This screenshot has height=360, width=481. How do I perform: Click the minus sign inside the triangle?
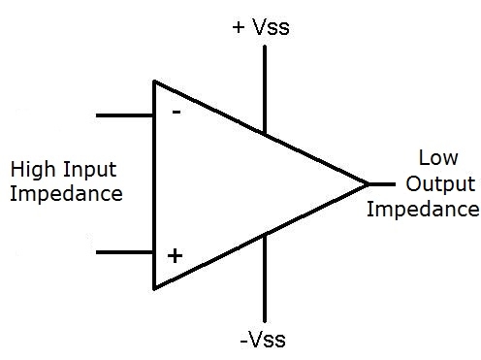[176, 111]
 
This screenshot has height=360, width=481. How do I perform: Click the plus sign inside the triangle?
[175, 256]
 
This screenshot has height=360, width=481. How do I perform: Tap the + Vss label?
[261, 27]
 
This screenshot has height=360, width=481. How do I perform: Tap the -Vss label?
[264, 340]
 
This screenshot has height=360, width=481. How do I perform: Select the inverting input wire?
[124, 115]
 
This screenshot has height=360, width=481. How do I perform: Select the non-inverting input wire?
[124, 252]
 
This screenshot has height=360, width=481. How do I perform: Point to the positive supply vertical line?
[264, 87]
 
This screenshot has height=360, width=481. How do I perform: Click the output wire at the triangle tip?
[382, 183]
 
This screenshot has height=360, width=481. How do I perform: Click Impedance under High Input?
[66, 193]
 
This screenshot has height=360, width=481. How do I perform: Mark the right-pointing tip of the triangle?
[369, 183]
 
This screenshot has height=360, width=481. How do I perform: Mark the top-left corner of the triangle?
[154, 82]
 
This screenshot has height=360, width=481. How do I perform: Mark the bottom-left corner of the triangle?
[154, 287]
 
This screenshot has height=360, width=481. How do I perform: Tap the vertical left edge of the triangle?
[154, 184]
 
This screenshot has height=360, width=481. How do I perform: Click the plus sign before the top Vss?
[239, 27]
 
